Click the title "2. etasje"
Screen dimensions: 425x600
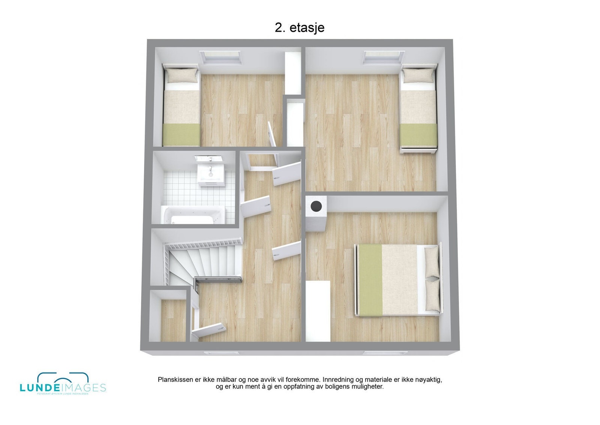(x=299, y=28)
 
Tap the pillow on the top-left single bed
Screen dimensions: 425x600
(x=181, y=76)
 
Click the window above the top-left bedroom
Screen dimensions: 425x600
(x=220, y=57)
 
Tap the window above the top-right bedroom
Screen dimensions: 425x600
(x=383, y=57)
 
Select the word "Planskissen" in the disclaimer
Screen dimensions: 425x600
(x=175, y=380)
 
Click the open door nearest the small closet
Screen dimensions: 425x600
(x=208, y=329)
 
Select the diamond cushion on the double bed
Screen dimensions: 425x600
(x=432, y=279)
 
